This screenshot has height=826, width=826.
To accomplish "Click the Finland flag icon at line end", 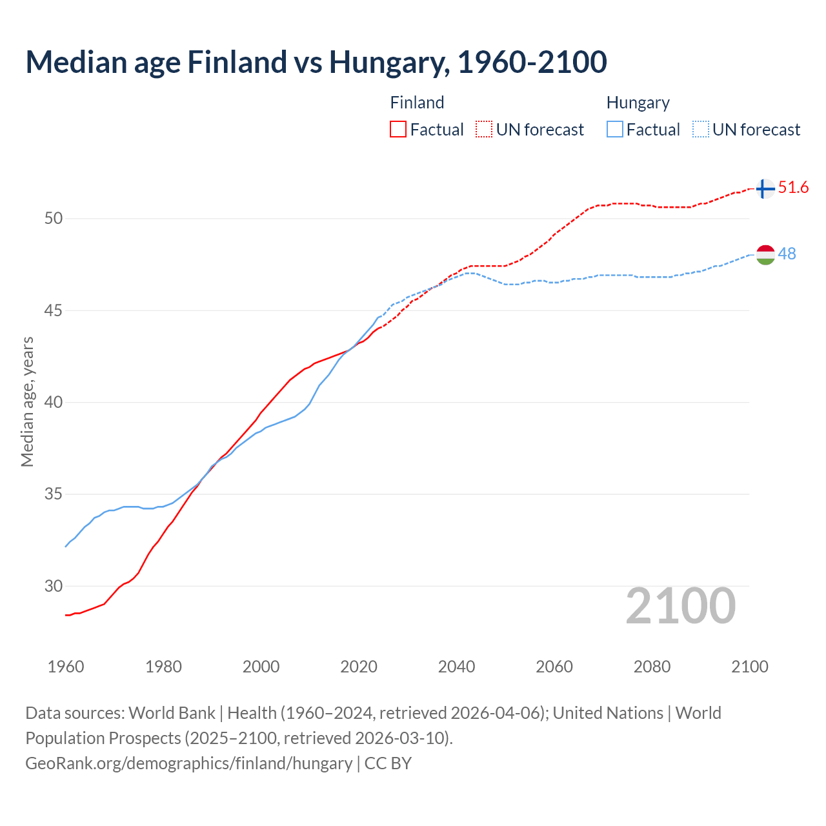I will (765, 189).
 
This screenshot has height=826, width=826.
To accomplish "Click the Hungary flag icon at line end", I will (765, 255).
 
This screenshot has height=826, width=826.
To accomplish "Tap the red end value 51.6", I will (793, 188).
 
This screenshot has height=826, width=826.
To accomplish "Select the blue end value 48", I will (787, 254).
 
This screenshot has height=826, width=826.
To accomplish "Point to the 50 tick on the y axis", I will (54, 218).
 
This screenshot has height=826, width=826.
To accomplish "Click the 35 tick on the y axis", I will (54, 494).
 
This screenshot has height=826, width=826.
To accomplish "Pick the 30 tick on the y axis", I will (54, 587).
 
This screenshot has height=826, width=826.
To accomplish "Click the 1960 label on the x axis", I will (66, 667).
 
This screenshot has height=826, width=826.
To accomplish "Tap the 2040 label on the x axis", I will (456, 667).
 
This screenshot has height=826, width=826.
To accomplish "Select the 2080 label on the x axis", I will (652, 667).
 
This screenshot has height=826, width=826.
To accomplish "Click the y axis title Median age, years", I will (27, 401).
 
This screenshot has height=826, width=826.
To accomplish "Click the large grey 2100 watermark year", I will (680, 606).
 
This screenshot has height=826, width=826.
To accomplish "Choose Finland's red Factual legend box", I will (398, 129).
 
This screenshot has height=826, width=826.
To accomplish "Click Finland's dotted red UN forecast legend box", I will (484, 129).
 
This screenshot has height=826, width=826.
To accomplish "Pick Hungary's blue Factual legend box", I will (615, 129).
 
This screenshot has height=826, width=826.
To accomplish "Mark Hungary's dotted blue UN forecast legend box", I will (701, 129).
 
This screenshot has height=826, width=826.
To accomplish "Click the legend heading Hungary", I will (638, 103).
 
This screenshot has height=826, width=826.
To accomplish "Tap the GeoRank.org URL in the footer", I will (188, 763).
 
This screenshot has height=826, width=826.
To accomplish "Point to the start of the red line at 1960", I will (66, 615).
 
